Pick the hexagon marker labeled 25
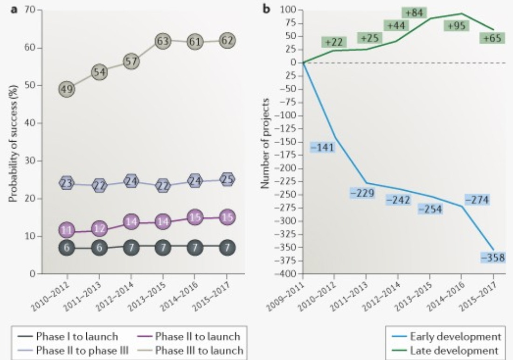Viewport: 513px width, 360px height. (x=228, y=180)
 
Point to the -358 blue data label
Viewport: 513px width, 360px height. (x=492, y=257)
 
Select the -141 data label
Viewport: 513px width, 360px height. (x=322, y=147)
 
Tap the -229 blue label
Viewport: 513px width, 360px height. (x=362, y=193)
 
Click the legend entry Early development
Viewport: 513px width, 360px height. (x=455, y=336)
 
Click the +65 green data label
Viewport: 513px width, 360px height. (x=492, y=38)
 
